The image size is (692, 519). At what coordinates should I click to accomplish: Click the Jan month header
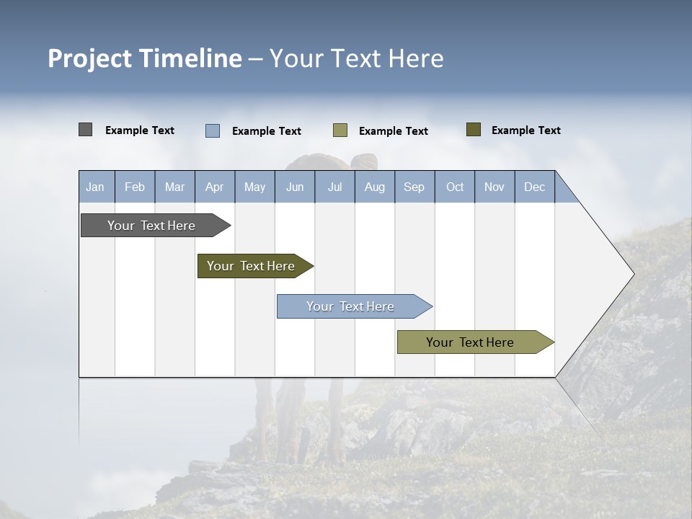(96, 187)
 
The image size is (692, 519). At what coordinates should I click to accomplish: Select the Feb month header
(135, 187)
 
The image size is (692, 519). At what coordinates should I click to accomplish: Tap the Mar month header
(174, 187)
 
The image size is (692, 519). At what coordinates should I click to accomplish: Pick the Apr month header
(215, 187)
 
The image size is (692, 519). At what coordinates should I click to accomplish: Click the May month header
(254, 187)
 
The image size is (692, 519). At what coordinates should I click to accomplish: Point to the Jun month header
(295, 187)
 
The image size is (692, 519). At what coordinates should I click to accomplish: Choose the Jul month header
(334, 187)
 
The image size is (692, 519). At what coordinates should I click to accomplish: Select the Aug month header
(375, 187)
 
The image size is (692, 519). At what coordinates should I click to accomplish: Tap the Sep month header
(414, 187)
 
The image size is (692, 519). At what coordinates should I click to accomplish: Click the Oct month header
(455, 187)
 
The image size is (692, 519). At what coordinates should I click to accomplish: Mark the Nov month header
(494, 187)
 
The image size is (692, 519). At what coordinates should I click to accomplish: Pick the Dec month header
(535, 187)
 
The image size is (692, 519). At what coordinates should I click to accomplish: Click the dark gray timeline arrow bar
(152, 226)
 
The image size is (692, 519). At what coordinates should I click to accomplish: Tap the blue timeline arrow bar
(351, 306)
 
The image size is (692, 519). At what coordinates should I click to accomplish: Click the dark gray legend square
(85, 130)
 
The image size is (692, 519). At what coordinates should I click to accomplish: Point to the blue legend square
(213, 130)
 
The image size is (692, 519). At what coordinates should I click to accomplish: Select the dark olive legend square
(474, 130)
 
